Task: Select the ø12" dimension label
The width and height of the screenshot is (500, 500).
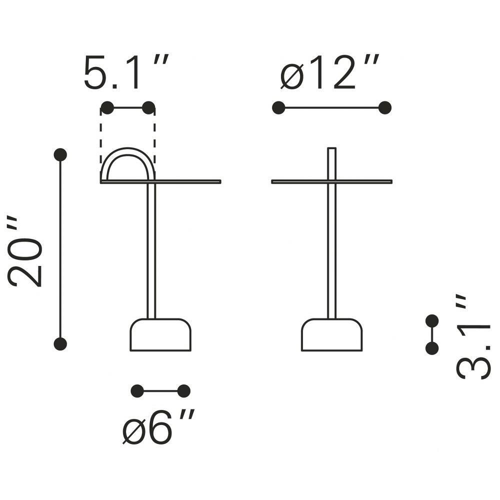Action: [329, 72]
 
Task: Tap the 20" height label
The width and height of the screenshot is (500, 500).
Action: [25, 252]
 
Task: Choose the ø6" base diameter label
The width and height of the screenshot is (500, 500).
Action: [158, 426]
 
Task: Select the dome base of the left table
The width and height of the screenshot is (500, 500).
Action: [160, 335]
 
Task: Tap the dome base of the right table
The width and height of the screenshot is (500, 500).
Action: [331, 335]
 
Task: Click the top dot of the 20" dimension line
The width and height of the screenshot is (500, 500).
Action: [60, 154]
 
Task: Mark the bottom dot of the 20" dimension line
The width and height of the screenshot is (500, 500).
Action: [60, 344]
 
